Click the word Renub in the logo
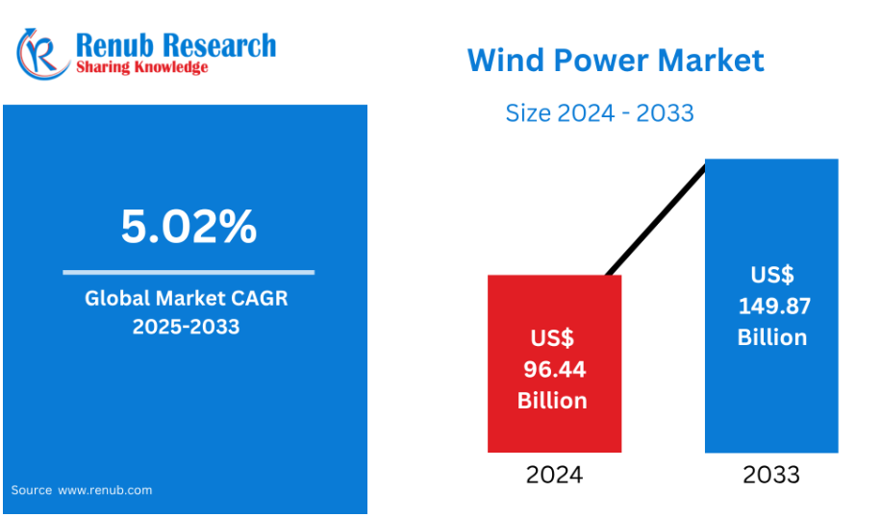pos(114,45)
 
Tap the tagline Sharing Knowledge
pos(142,67)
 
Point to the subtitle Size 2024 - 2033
pos(599,113)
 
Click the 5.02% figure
pos(189,226)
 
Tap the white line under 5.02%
pos(189,272)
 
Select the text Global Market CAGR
pos(186,298)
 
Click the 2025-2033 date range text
pos(186,326)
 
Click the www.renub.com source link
pos(105,490)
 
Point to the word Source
pos(32,490)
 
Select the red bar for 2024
pos(555,364)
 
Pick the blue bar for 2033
pos(771,306)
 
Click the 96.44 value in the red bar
pos(555,369)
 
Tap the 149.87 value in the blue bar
pos(774,306)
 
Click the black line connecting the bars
pos(656,219)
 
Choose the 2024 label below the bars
pos(555,475)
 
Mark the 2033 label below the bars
pos(771,475)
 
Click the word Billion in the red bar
pos(552,401)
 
